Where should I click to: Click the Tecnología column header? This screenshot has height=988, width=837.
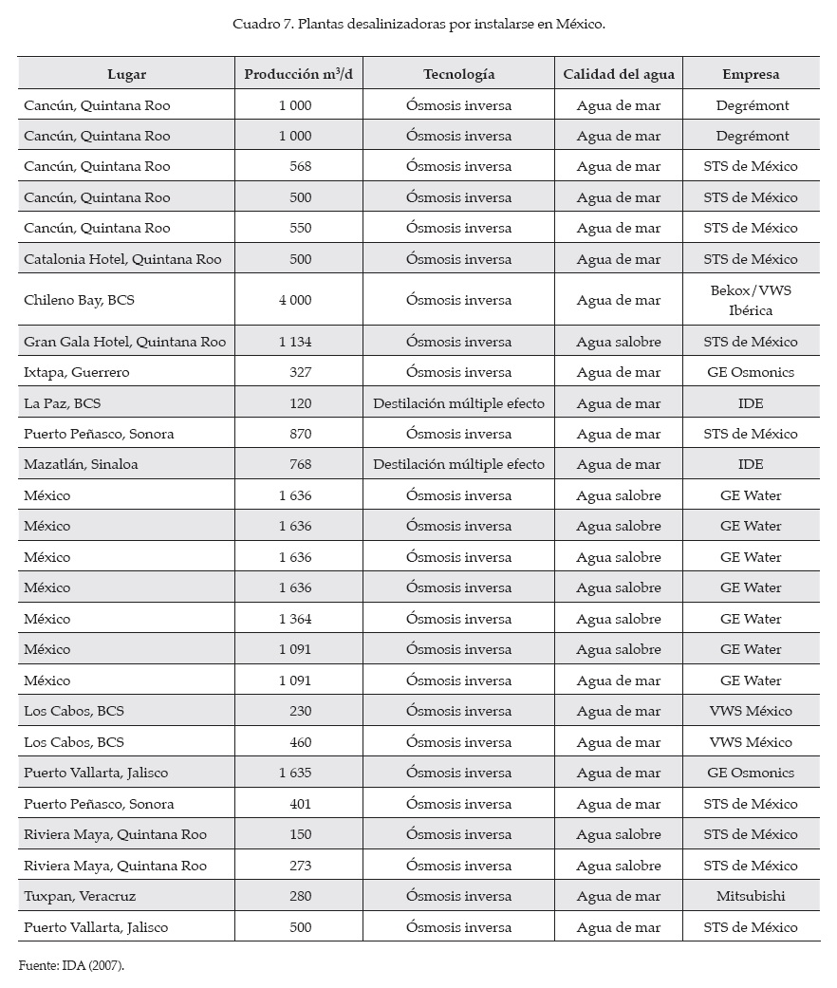[459, 74]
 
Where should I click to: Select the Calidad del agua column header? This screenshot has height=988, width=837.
[618, 74]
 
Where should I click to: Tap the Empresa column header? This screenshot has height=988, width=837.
[751, 74]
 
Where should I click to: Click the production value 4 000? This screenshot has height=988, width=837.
[295, 300]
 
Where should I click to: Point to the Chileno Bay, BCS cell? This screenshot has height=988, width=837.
[80, 300]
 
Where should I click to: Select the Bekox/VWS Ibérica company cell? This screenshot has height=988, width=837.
[751, 300]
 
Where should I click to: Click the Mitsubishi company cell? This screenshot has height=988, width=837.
[751, 896]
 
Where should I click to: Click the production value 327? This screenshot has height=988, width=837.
[300, 372]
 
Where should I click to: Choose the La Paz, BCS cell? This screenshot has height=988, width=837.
[63, 403]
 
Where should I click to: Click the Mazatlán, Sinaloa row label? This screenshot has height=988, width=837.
[81, 464]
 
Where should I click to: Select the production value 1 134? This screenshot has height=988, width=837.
[295, 342]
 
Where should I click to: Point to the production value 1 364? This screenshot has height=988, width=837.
[295, 619]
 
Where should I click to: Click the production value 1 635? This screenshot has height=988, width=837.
[295, 773]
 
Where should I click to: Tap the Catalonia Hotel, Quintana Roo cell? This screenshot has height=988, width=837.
[122, 259]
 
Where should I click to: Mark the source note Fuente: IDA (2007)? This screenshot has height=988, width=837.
[71, 965]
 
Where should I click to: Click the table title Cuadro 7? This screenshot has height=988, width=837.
[418, 24]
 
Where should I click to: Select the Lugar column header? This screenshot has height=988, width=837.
[127, 74]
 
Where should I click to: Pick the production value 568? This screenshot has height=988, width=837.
[300, 166]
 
